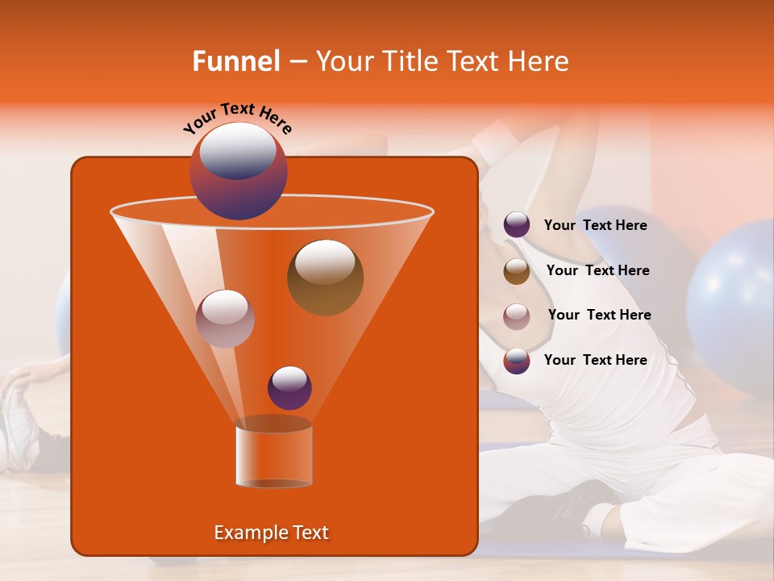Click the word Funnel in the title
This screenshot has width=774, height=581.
pos(235,61)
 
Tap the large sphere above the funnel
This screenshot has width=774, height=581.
pos(238,170)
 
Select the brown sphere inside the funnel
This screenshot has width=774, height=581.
pos(325,278)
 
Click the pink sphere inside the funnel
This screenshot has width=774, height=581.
pos(225,319)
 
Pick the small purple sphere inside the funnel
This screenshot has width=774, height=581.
pos(289,387)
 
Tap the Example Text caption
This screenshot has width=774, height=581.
pos(272,533)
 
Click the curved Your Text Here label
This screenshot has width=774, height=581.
pos(237,118)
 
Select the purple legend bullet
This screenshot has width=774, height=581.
pos(517,225)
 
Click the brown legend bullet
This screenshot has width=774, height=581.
pos(517,271)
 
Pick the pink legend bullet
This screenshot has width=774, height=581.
pos(517,316)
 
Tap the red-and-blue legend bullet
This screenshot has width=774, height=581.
pos(517,361)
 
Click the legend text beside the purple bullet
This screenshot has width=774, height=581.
pos(595,226)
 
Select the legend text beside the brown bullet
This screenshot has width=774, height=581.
pos(597,271)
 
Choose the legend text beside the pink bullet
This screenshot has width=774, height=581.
pos(599,316)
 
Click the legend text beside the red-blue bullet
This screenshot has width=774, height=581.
pos(595,361)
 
